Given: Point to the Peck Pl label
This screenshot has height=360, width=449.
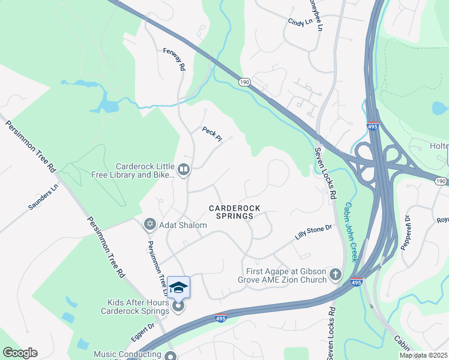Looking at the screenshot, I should pos(212,134).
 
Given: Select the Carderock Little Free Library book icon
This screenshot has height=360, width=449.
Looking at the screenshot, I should pos(184,171).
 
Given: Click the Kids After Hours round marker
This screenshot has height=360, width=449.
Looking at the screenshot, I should pos(178,307).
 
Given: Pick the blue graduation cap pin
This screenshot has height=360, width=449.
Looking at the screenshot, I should pos(178,288).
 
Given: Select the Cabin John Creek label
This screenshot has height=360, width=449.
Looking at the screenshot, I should pos(351,232).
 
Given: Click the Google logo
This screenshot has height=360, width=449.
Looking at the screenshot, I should pos(20,353).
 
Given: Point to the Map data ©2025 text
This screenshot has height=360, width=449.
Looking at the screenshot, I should pos(423,355).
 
